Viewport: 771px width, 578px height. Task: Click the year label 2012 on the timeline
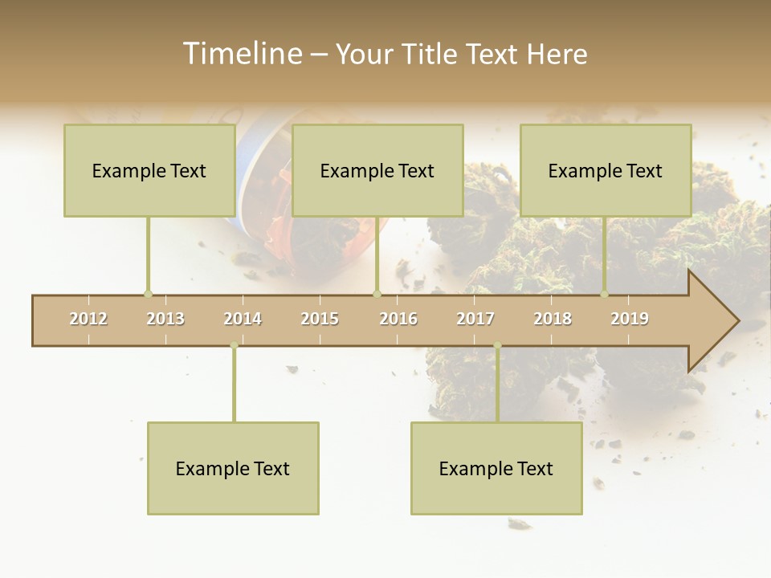[88, 319]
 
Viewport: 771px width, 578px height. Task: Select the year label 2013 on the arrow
[165, 319]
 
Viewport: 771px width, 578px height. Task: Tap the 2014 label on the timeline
[243, 319]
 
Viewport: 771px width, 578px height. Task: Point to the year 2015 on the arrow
[320, 319]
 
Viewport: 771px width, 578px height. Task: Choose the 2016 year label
[398, 319]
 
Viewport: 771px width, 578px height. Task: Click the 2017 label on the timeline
[475, 319]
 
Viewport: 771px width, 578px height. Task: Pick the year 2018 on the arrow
[553, 319]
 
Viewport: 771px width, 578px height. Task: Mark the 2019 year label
[630, 319]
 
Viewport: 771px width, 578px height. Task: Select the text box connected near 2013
[149, 170]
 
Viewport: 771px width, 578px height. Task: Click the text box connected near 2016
[377, 170]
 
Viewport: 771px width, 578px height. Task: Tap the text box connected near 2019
[606, 170]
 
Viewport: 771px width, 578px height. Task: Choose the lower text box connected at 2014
[233, 468]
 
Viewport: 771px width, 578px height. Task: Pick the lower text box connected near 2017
[496, 468]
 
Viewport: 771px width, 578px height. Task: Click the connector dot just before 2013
[148, 294]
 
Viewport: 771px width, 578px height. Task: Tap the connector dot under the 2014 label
[234, 346]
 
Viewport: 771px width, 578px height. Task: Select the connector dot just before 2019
[605, 294]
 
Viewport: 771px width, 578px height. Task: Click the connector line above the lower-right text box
[497, 385]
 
